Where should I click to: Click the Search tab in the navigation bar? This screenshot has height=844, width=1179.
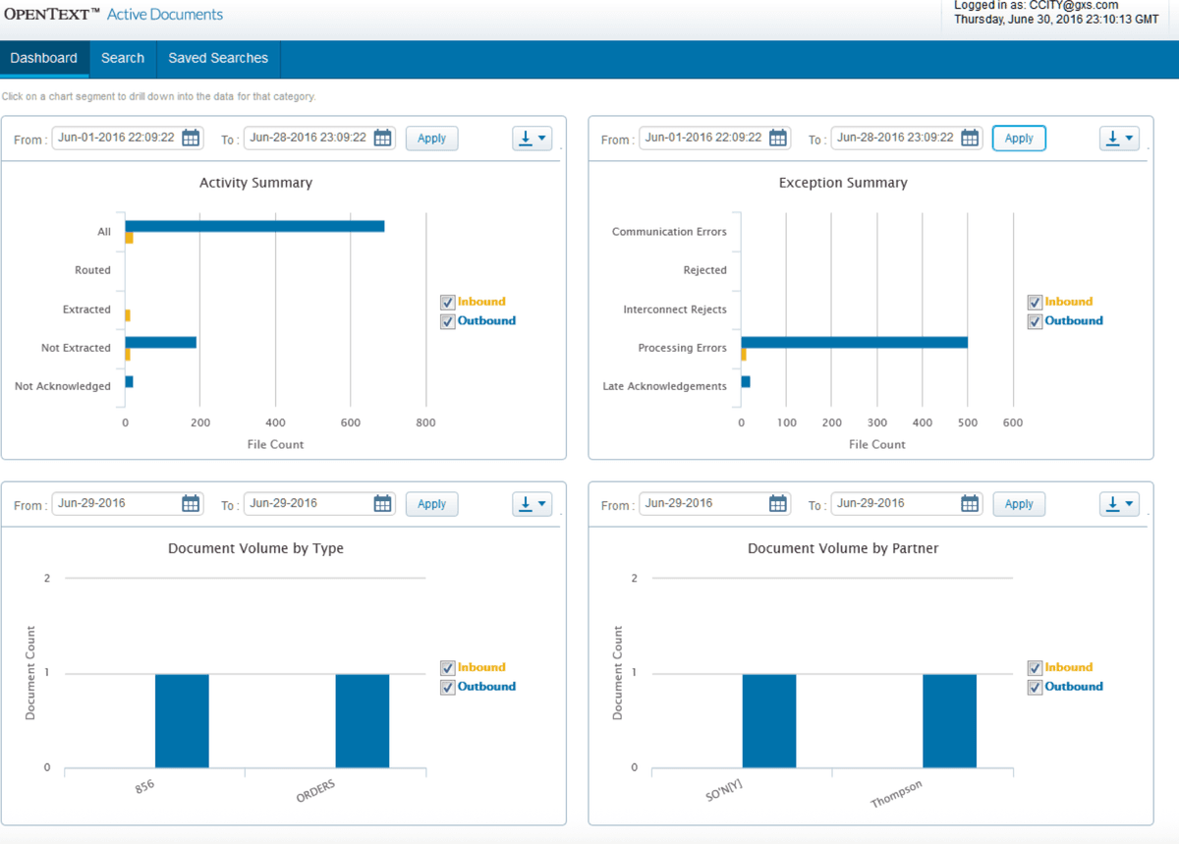pyautogui.click(x=123, y=58)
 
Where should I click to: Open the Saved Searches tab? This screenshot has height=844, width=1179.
pyautogui.click(x=218, y=58)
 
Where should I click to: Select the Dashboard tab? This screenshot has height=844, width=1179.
pyautogui.click(x=44, y=58)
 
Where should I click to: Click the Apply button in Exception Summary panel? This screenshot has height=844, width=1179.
pyautogui.click(x=1019, y=139)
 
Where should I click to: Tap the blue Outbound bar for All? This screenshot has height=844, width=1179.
pyautogui.click(x=254, y=226)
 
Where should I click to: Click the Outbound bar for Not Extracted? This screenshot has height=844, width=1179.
pyautogui.click(x=160, y=342)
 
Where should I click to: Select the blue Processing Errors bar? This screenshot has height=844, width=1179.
pyautogui.click(x=854, y=342)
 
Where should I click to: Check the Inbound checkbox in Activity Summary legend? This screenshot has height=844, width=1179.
pyautogui.click(x=448, y=303)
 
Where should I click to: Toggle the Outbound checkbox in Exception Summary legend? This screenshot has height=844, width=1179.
pyautogui.click(x=1035, y=321)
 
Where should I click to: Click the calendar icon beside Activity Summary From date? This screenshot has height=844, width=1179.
pyautogui.click(x=192, y=138)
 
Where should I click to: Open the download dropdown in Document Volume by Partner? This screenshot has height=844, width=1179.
pyautogui.click(x=1119, y=504)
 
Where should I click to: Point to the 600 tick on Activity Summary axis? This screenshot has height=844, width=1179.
pyautogui.click(x=351, y=422)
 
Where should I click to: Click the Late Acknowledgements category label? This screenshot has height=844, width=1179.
pyautogui.click(x=664, y=386)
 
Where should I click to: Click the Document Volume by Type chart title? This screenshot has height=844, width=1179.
pyautogui.click(x=255, y=548)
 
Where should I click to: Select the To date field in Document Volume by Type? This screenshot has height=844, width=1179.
pyautogui.click(x=307, y=503)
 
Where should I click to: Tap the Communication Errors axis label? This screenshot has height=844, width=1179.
pyautogui.click(x=669, y=232)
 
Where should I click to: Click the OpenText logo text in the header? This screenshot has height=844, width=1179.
pyautogui.click(x=52, y=15)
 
